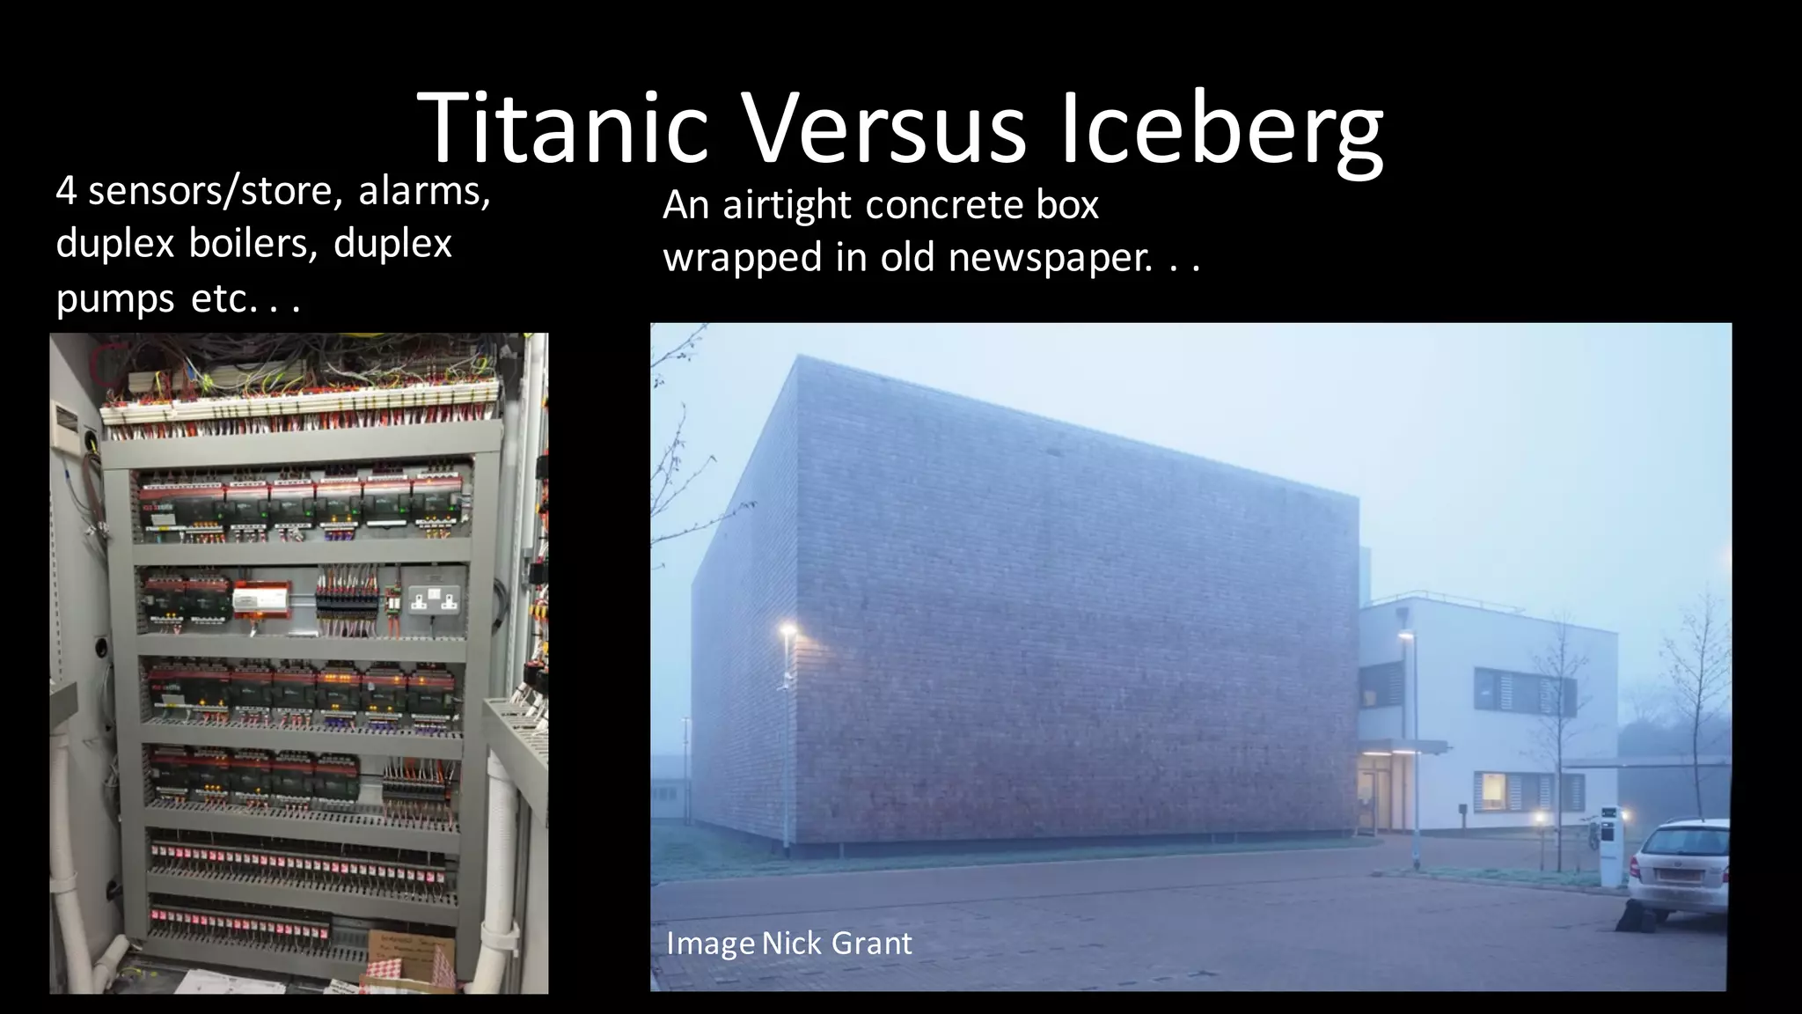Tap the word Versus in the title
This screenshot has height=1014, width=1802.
pos(884,128)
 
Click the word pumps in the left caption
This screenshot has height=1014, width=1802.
pos(115,300)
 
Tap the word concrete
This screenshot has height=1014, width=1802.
pos(943,205)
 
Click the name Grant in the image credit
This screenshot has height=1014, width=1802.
pos(871,944)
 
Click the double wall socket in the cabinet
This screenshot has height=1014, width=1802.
pos(434,600)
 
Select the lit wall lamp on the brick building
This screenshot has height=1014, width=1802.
pos(787,630)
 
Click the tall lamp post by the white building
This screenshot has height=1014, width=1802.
pos(1413,748)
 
